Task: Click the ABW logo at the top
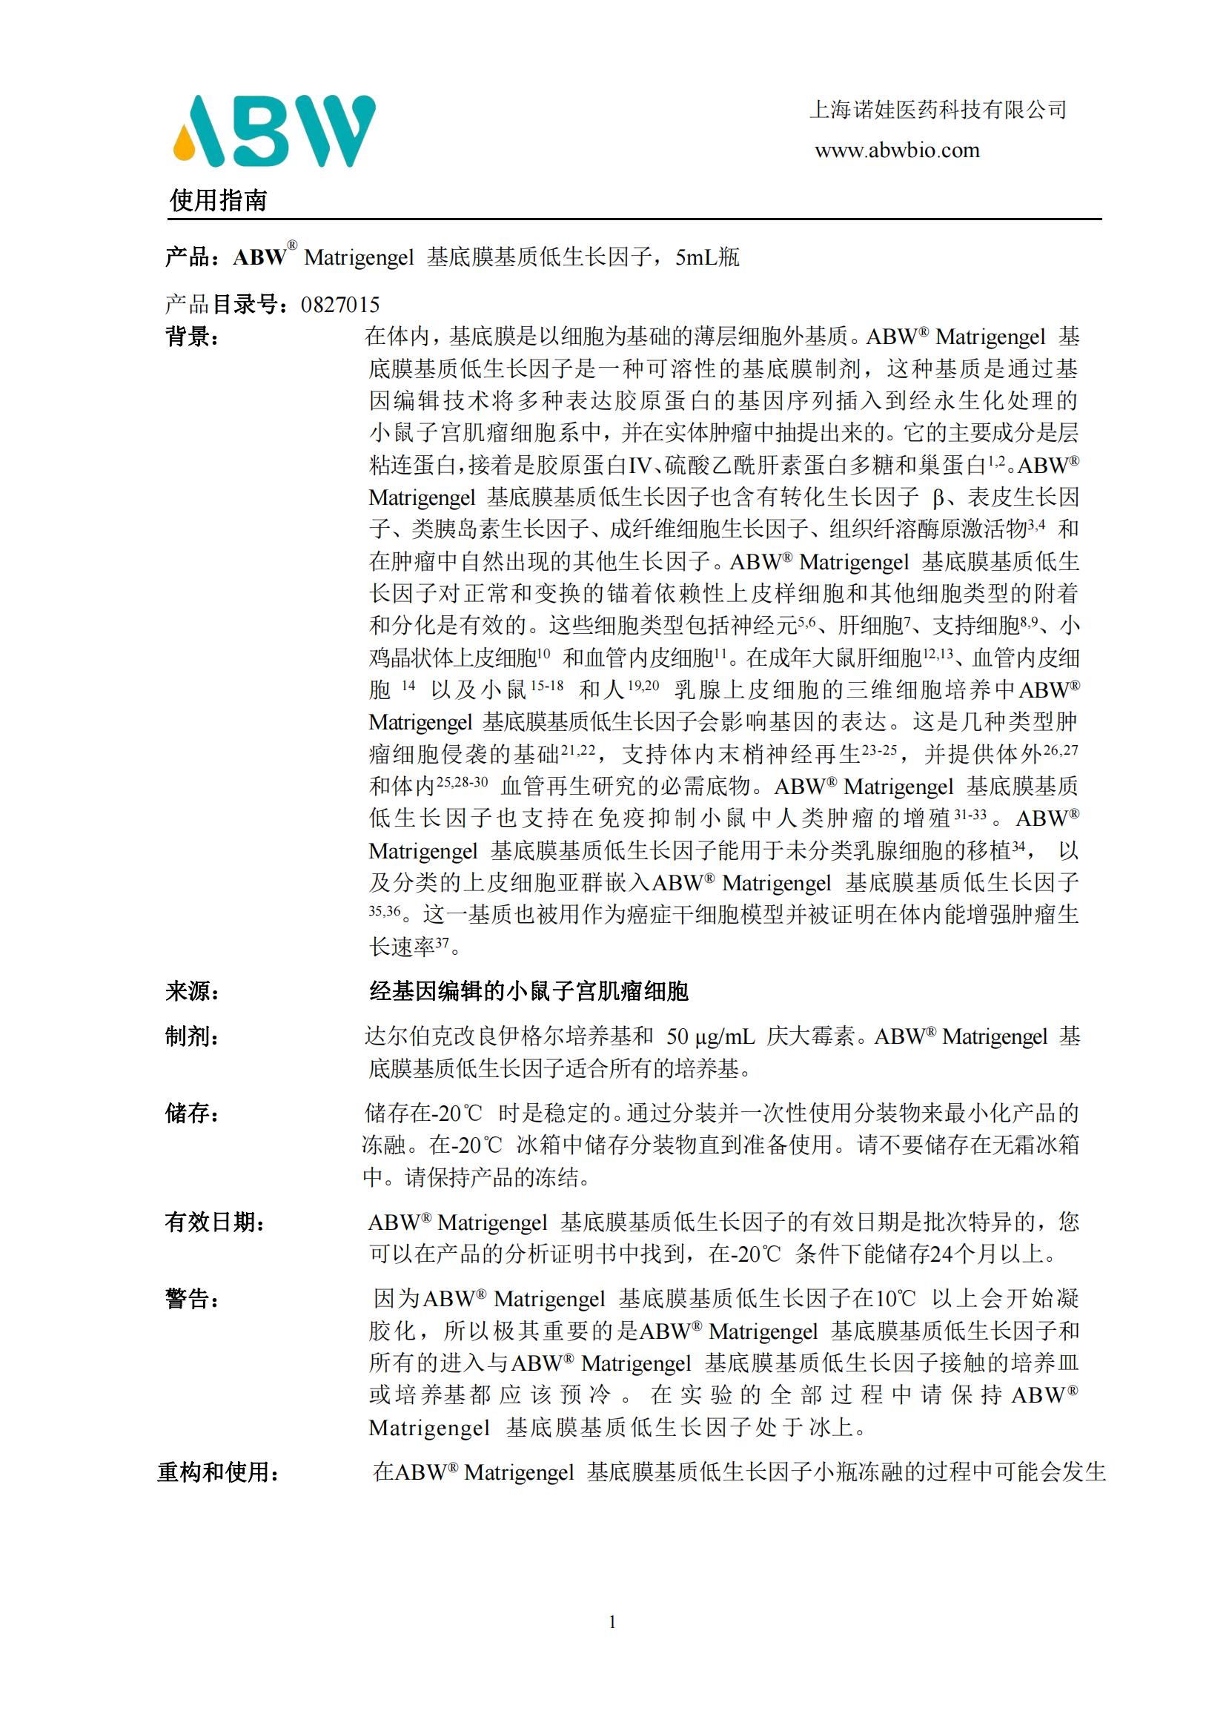[x=275, y=130]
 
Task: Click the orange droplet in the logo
[x=185, y=146]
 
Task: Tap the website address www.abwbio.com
[x=896, y=150]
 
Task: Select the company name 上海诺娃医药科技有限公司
[x=937, y=110]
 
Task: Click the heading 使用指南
[x=218, y=201]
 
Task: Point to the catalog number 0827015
[x=339, y=305]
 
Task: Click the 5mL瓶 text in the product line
[x=707, y=257]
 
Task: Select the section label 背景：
[x=193, y=337]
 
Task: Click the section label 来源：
[x=193, y=991]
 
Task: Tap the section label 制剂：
[x=193, y=1037]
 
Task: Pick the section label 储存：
[x=193, y=1113]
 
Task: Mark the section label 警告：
[x=193, y=1299]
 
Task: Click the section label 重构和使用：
[x=218, y=1472]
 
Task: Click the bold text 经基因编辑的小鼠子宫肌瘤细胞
[x=528, y=991]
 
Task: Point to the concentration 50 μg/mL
[x=710, y=1037]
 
